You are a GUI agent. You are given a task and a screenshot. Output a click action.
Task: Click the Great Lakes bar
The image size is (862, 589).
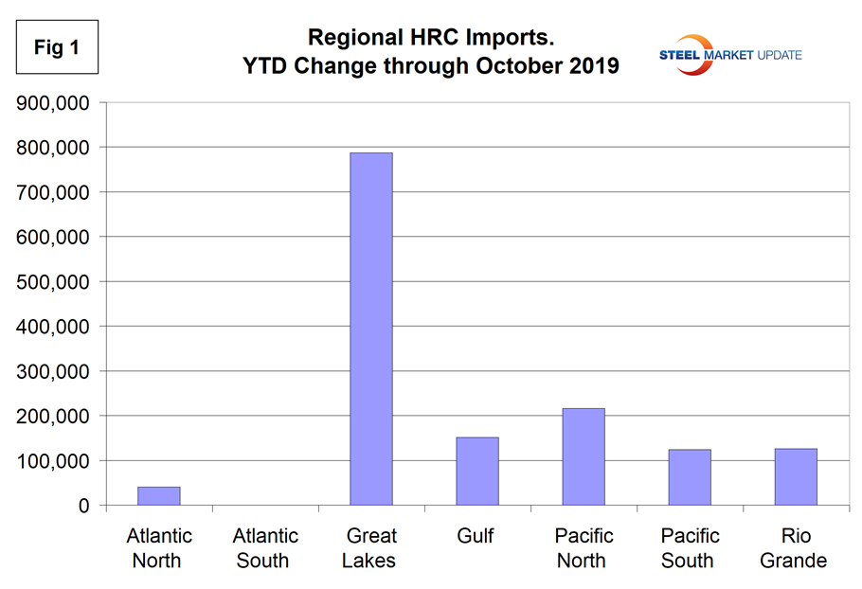[370, 330]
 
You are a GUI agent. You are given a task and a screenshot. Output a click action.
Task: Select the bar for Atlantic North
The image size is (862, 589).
[158, 496]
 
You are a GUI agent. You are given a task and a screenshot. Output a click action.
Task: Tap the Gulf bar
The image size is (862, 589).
[476, 472]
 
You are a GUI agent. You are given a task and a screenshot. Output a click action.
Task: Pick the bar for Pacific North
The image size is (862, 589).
[583, 456]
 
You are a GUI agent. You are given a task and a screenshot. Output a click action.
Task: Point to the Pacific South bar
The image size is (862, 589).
[689, 477]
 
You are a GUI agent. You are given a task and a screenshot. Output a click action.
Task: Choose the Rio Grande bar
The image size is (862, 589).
[795, 477]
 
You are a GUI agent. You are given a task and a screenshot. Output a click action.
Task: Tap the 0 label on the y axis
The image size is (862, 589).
[84, 506]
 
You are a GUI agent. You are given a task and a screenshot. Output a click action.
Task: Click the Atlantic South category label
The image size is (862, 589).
[263, 547]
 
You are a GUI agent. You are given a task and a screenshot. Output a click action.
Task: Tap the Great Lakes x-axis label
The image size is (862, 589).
[370, 547]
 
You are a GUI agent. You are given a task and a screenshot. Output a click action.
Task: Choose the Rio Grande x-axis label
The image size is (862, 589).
[795, 547]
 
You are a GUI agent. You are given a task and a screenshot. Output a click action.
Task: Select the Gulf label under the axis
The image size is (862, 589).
[476, 536]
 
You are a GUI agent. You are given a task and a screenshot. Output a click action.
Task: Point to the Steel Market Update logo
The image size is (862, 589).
[730, 54]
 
